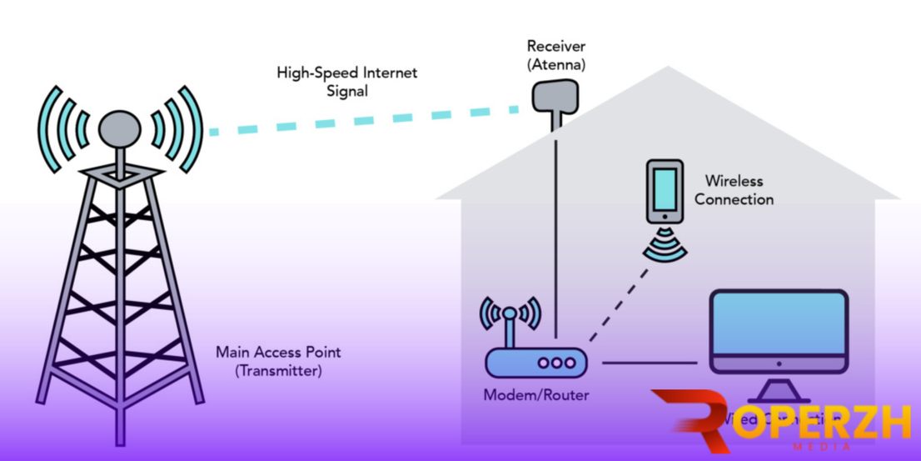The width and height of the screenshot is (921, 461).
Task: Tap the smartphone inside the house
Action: point(665,191)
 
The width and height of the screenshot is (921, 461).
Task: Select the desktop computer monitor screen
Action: point(778,326)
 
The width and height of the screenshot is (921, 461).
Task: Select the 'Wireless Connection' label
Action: point(734,190)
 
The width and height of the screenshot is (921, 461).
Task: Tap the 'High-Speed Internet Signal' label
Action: point(346,82)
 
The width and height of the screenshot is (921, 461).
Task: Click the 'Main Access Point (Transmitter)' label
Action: point(278,361)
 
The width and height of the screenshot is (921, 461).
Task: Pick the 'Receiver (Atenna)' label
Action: point(555,55)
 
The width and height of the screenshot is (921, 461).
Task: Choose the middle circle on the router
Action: point(555,363)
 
